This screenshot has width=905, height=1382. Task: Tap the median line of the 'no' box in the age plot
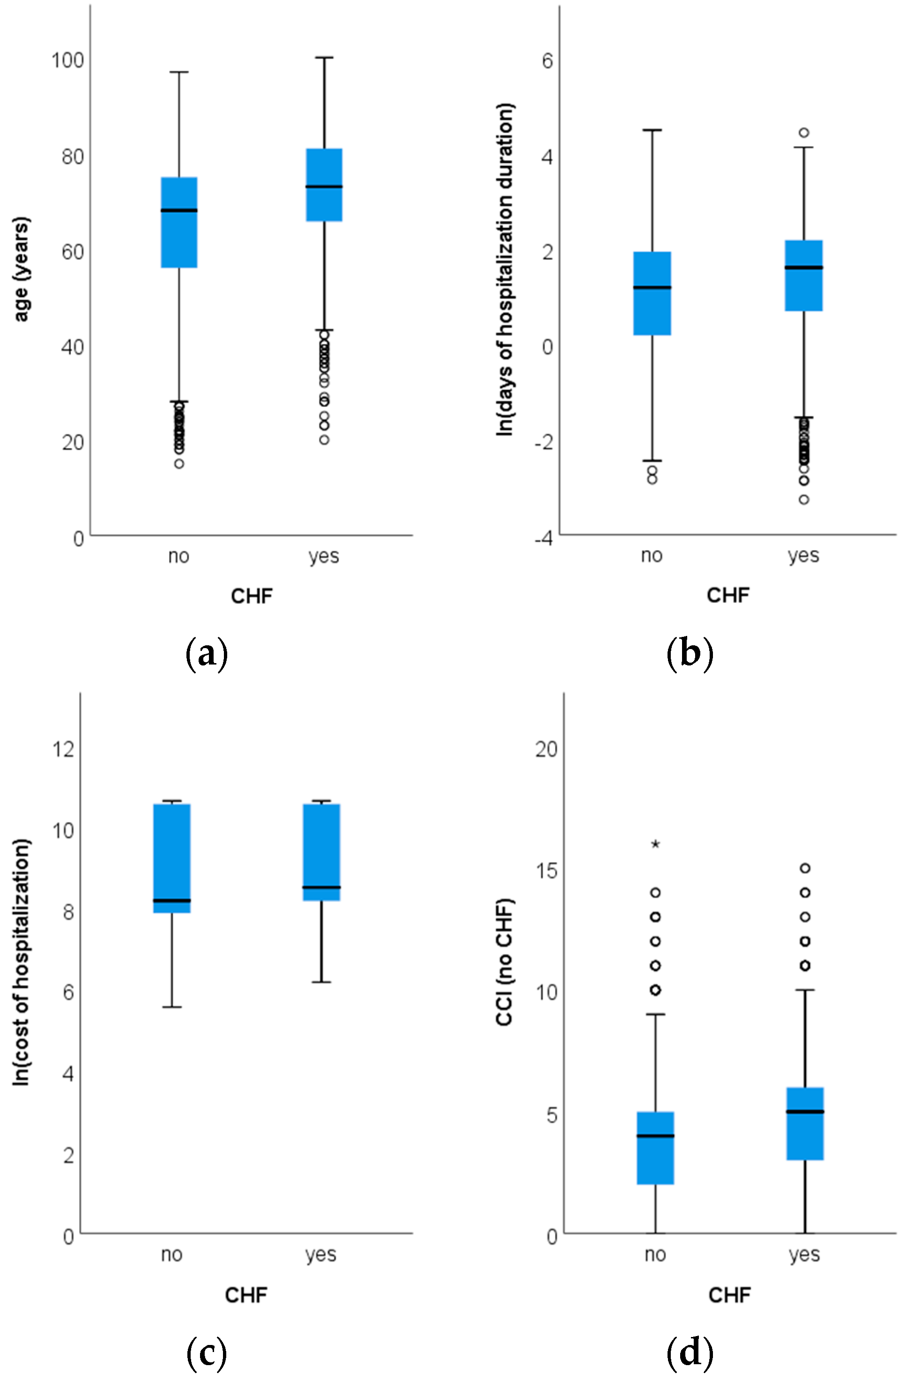[179, 210]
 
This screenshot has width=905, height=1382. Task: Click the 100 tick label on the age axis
[68, 60]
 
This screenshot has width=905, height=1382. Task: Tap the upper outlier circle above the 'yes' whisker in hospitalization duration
[803, 133]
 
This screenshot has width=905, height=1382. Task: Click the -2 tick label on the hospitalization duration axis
[543, 442]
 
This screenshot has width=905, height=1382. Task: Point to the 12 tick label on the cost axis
[64, 749]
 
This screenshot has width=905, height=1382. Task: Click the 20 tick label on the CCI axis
[546, 749]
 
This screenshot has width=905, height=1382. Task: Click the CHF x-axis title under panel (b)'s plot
[728, 595]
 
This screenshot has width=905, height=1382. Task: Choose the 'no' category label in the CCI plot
[655, 1254]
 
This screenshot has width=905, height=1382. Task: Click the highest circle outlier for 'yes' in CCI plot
[805, 868]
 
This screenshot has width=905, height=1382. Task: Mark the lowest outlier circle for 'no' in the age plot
[179, 463]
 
